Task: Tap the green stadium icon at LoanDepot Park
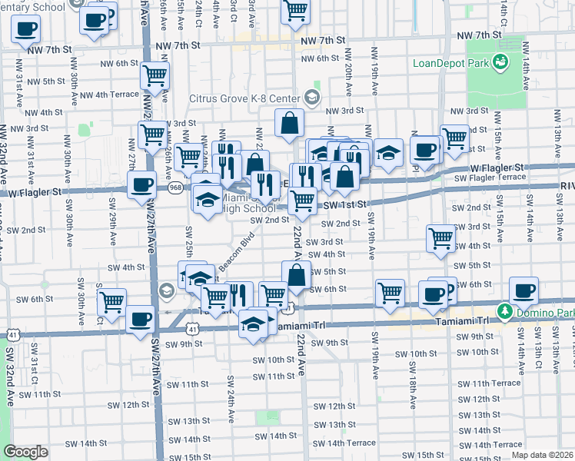click(x=501, y=61)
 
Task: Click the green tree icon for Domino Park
click(x=504, y=312)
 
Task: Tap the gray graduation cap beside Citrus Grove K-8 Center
click(x=312, y=98)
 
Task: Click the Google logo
click(x=25, y=452)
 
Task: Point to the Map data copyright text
click(x=543, y=455)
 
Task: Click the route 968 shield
click(x=176, y=187)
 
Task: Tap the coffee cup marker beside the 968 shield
click(x=141, y=184)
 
